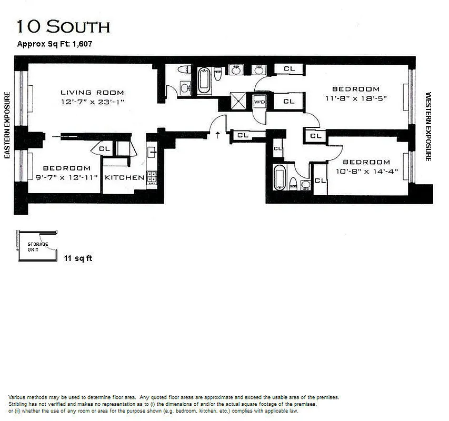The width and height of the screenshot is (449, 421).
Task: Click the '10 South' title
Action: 64,26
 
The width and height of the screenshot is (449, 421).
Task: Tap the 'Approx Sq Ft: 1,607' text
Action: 55,44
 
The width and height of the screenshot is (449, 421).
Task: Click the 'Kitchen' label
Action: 124,177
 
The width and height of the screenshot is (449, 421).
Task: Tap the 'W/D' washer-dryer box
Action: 260,101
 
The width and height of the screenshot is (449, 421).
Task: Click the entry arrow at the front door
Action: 218,135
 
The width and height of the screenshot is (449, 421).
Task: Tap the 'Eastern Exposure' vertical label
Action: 7,125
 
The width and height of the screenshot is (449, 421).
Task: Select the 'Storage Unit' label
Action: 37,247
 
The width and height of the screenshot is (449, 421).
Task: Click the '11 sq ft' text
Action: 78,258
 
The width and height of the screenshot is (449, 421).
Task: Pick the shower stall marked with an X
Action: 239,99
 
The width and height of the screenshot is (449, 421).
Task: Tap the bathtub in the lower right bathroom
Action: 280,177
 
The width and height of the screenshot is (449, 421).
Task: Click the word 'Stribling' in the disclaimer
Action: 19,403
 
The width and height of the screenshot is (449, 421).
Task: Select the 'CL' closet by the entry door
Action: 242,135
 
